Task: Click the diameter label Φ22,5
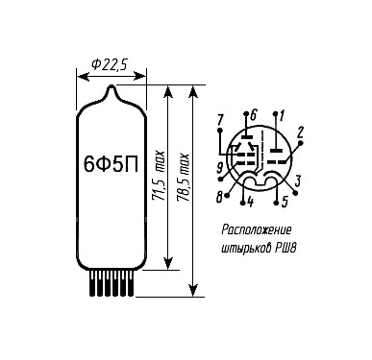tap(110, 65)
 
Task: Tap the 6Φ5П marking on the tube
tap(111, 164)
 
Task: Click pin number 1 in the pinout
tap(282, 115)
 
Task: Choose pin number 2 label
tap(300, 132)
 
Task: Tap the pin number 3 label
tap(298, 181)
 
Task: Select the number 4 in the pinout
tap(250, 203)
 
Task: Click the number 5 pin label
tap(285, 203)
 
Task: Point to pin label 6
tap(254, 115)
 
